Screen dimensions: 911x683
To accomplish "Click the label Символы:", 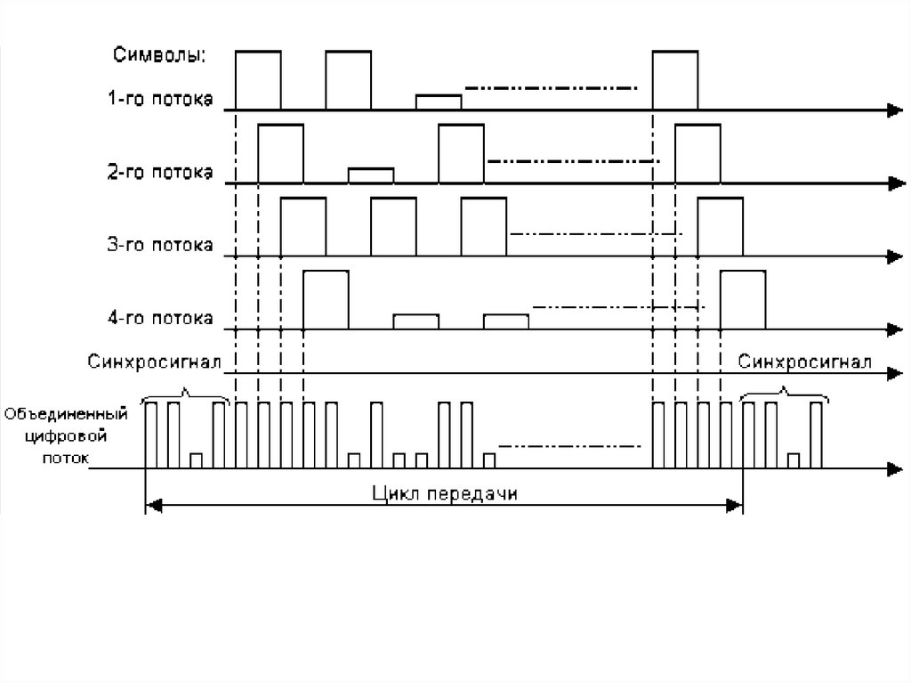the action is pos(159,55).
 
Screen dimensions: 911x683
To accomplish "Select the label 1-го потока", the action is pos(160,100).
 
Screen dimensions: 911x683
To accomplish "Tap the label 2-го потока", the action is pos(160,173).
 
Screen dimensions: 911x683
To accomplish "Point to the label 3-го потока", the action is pos(160,245).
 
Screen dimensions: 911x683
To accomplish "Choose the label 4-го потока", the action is pos(160,318).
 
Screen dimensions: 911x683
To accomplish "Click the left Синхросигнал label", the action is pos(155,362).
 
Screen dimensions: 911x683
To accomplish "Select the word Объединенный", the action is pos(68,414).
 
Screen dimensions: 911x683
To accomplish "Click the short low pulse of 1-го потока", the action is pos(439,102).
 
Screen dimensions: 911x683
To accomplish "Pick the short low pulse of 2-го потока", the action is pos(371,175).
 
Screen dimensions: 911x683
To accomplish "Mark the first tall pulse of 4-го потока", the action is pos(326,299).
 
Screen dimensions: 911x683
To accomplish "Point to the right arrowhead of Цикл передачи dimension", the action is pos(735,506).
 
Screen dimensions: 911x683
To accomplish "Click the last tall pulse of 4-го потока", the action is pos(742,299).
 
